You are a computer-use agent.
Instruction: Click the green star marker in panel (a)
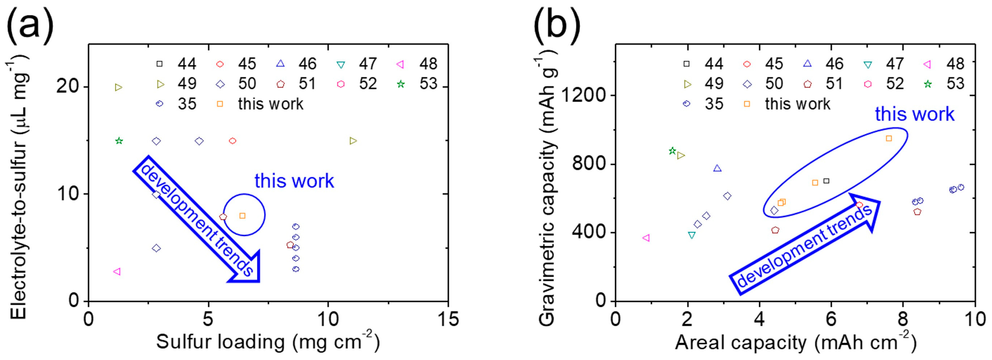point(119,141)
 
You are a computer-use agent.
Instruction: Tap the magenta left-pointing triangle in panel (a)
point(117,272)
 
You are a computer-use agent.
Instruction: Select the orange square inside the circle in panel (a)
point(242,215)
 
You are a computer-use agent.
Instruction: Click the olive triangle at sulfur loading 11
point(353,141)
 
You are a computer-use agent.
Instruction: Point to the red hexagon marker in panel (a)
point(233,141)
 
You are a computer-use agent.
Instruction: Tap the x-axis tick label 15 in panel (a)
point(448,319)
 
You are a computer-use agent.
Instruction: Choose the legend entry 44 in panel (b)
point(714,64)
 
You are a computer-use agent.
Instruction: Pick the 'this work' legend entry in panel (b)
point(797,104)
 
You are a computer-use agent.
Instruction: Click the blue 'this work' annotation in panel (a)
point(294,181)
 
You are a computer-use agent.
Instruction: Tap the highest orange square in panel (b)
point(889,138)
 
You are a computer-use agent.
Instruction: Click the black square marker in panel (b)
point(826,181)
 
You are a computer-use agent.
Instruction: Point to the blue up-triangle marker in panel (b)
point(717,168)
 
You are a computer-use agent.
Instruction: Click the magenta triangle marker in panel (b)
point(646,238)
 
